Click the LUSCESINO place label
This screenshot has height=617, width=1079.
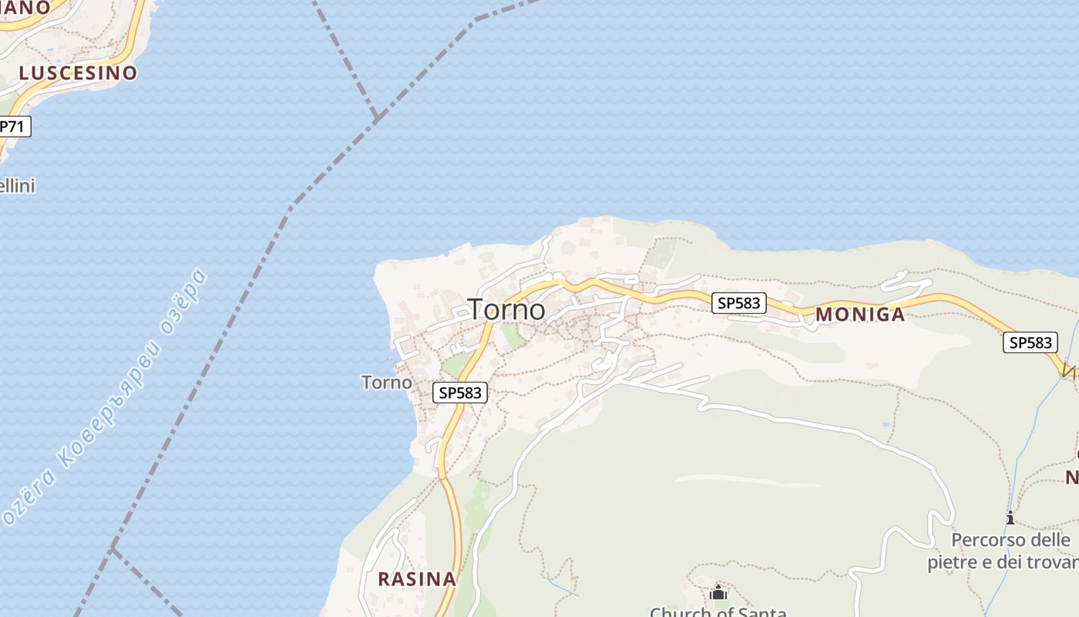[78, 73]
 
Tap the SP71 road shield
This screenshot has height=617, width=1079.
[13, 126]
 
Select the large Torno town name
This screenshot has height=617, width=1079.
[507, 309]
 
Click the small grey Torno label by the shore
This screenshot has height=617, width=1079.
[386, 383]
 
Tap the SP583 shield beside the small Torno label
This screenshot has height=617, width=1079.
[460, 393]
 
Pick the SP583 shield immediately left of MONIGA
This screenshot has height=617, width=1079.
[738, 303]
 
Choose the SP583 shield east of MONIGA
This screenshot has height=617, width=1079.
[1030, 342]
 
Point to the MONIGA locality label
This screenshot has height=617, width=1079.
[860, 315]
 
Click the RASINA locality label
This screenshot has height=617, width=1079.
[416, 579]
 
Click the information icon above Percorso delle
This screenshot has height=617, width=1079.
[1010, 518]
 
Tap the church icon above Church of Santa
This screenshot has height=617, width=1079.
[718, 592]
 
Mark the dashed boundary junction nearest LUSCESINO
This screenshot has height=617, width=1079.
[377, 116]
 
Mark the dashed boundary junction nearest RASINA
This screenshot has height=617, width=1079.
[113, 549]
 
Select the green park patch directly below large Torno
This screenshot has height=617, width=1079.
[509, 335]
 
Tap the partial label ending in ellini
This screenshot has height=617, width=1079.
[17, 186]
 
